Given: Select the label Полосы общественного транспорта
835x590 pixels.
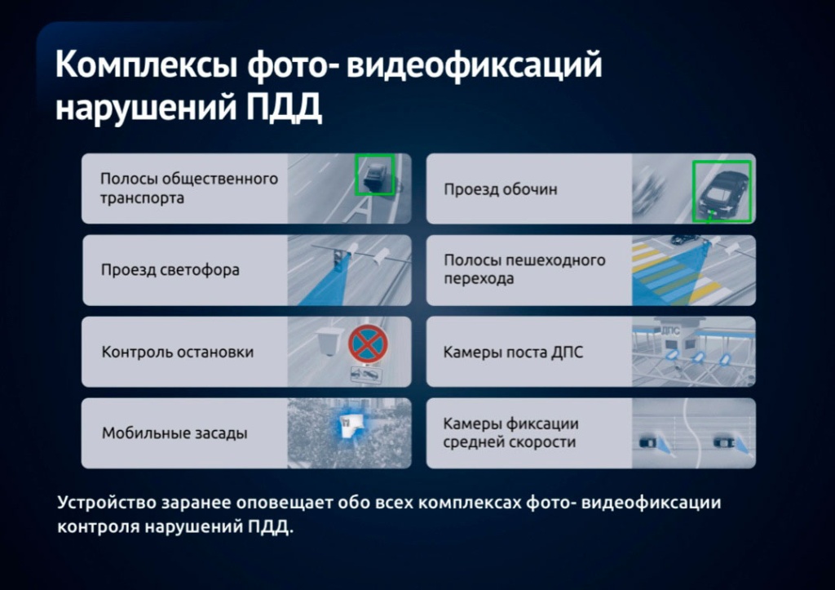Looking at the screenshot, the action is tap(189, 189).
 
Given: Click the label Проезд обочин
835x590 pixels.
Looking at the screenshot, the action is tap(501, 189).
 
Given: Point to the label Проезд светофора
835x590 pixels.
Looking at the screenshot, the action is tap(170, 269).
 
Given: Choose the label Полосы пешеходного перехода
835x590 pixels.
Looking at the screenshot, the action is tap(524, 269).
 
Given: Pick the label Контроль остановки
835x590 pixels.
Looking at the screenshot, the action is tap(177, 352).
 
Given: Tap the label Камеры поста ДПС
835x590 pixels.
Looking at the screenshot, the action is tap(513, 352).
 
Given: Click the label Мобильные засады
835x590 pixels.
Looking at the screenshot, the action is tap(175, 433).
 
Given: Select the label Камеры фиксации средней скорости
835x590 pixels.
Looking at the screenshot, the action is tap(510, 433).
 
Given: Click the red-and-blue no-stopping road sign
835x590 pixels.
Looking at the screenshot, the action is tap(368, 344).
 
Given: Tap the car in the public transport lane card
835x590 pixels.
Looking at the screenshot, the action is tap(375, 176).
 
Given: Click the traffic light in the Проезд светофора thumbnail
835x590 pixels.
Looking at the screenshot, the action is tap(338, 260).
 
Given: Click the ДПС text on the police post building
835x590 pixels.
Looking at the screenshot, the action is tap(670, 331).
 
